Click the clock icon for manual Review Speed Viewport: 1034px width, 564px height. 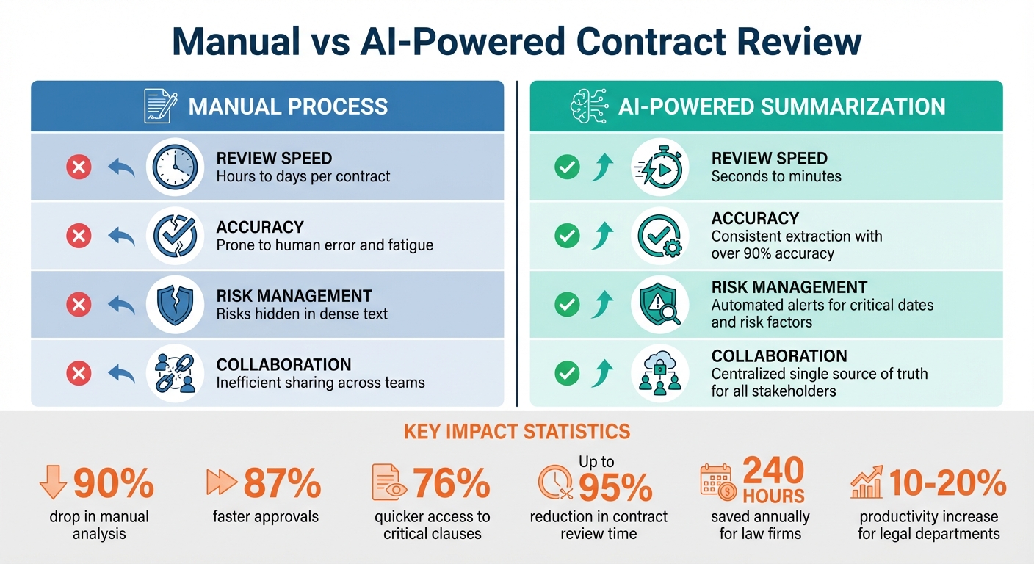(x=175, y=167)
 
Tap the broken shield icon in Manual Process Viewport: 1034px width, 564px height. (x=175, y=305)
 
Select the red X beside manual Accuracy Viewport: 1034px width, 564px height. (x=79, y=236)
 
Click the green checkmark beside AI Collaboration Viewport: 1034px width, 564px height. (x=566, y=373)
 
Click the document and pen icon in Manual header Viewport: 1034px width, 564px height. (x=160, y=106)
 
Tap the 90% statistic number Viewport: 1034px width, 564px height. (x=114, y=484)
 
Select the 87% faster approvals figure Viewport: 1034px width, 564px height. (x=282, y=484)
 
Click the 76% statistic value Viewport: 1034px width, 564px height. (x=451, y=484)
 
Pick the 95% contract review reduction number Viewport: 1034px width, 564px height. (x=615, y=488)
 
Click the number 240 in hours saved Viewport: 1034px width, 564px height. (x=773, y=470)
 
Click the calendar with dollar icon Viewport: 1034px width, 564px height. (x=716, y=481)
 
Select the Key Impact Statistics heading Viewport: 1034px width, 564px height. (x=516, y=431)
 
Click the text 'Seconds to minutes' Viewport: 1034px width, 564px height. (x=776, y=176)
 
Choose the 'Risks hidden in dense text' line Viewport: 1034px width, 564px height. (x=302, y=314)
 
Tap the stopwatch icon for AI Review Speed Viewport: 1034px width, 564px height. (x=659, y=167)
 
